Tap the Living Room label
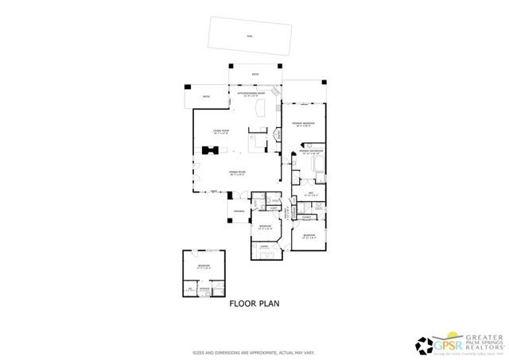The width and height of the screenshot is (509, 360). pyautogui.click(x=221, y=130)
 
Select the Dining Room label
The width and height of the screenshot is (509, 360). pyautogui.click(x=237, y=172)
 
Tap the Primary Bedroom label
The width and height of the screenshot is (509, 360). pyautogui.click(x=304, y=124)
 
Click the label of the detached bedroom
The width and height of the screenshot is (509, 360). pyautogui.click(x=204, y=266)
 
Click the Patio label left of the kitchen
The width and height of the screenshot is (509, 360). pyautogui.click(x=206, y=97)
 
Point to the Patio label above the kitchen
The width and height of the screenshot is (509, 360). pyautogui.click(x=255, y=75)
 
